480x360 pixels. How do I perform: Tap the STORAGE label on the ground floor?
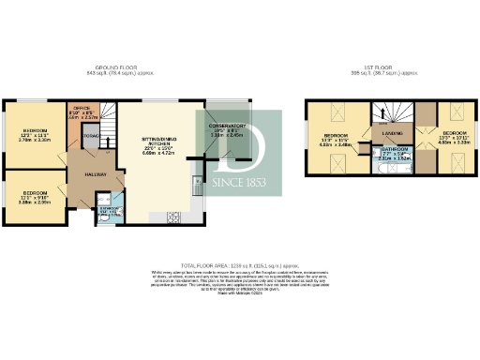tap(91, 137)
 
